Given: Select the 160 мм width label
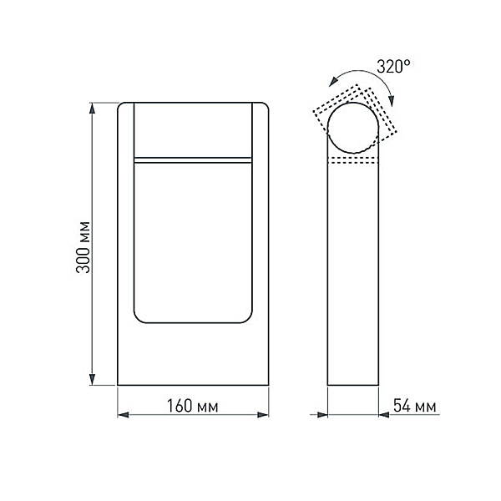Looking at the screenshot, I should pyautogui.click(x=193, y=407).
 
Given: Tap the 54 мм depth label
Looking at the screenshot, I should pyautogui.click(x=415, y=407).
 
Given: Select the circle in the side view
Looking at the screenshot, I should pyautogui.click(x=355, y=126).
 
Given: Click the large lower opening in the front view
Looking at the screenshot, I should pyautogui.click(x=193, y=242).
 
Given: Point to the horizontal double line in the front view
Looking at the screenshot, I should pyautogui.click(x=193, y=158).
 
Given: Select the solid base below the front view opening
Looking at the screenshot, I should pyautogui.click(x=193, y=355).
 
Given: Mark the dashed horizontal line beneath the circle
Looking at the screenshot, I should pyautogui.click(x=355, y=159).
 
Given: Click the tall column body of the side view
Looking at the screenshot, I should pyautogui.click(x=355, y=276).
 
